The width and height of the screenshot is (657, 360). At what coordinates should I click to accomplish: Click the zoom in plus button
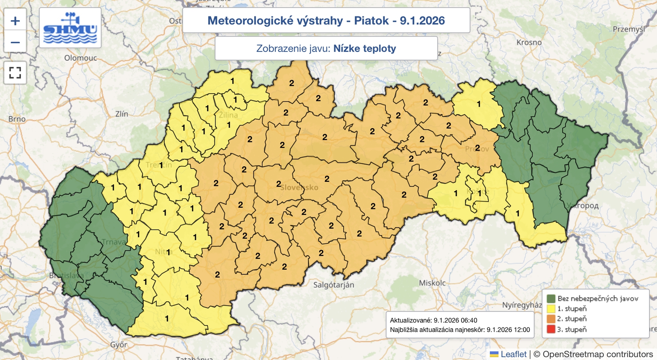coord(15,21)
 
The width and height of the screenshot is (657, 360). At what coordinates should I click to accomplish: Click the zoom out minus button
coord(15,42)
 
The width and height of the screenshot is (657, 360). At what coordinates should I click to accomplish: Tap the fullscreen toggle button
coord(15,73)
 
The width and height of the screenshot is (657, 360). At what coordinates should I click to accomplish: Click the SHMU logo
coord(70,28)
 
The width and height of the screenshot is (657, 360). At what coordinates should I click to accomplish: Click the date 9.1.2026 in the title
coord(422,21)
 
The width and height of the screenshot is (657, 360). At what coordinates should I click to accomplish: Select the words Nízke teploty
coord(365,48)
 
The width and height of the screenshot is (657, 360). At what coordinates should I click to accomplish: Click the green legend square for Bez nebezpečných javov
coord(551,298)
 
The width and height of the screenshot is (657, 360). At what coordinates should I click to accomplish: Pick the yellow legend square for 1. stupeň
coord(551,309)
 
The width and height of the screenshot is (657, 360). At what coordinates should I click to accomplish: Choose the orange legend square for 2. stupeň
coord(551,319)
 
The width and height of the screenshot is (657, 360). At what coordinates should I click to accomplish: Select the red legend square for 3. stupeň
coord(551,329)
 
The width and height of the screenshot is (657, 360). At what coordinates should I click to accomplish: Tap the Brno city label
coord(17,119)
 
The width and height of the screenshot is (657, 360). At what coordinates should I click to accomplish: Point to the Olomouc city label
coord(80,58)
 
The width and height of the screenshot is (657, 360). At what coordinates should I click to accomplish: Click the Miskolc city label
coord(432,283)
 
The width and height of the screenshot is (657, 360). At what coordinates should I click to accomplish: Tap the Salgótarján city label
coord(333,285)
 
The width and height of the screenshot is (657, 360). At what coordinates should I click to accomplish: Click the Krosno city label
coord(529,42)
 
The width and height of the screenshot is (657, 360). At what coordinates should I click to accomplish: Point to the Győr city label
coord(119,345)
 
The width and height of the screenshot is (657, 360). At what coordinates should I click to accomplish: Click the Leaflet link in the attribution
coord(513,354)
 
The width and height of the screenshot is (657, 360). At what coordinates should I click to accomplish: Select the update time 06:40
coord(469,320)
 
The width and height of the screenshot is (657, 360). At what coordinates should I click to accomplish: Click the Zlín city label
coord(122,114)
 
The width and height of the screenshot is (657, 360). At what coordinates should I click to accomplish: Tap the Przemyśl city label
coord(629,29)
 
